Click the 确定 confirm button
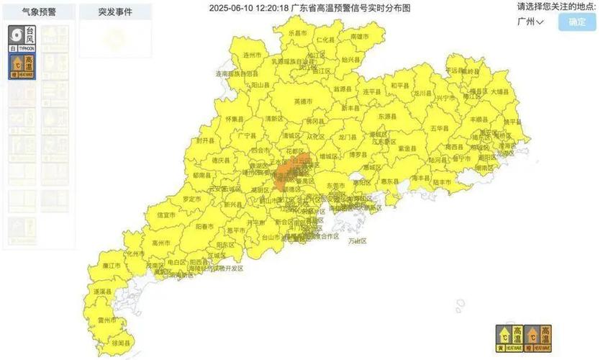click(576, 22)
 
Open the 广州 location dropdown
click(530, 22)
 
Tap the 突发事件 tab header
click(114, 12)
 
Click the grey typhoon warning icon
click(22, 38)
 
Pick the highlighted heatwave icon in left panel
click(22, 66)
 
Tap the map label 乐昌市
click(297, 34)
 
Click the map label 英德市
click(304, 102)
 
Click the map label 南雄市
click(358, 36)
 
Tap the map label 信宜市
click(166, 215)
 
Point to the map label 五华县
click(440, 128)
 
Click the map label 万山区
click(358, 241)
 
